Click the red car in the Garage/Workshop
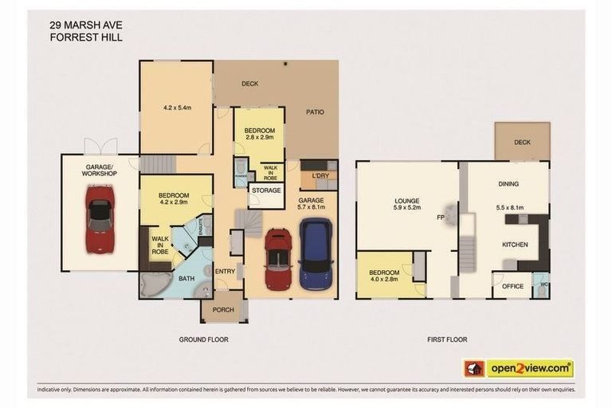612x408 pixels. coord(100,218)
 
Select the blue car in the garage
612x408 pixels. coord(316,253)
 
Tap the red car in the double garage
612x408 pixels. coord(278,259)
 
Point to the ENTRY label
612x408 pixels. coord(225,272)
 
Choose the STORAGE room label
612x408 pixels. coord(266,190)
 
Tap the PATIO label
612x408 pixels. coord(315,112)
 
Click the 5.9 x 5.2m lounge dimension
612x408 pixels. coord(406,209)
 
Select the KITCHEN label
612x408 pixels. coord(516,244)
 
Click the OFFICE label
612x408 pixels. coord(512,286)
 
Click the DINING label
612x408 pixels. coord(508,184)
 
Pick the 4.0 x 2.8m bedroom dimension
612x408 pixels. coord(383,280)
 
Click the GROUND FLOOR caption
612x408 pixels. coord(203,339)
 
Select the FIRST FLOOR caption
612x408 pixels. coord(446,339)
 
